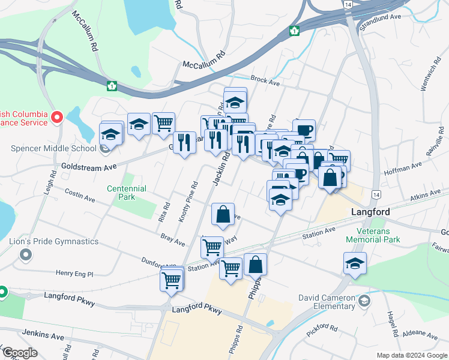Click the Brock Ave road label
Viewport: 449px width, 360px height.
point(265,80)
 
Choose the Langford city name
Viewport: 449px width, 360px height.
point(370,212)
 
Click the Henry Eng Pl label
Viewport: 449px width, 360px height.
point(74,274)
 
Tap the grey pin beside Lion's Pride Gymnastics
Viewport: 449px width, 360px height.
point(25,256)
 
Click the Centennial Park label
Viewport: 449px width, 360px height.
point(127,193)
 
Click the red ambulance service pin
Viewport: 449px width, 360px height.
point(57,116)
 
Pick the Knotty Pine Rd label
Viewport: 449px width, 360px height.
point(188,202)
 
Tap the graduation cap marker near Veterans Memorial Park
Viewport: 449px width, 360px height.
point(355,263)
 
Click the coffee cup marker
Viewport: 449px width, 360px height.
point(304,129)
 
